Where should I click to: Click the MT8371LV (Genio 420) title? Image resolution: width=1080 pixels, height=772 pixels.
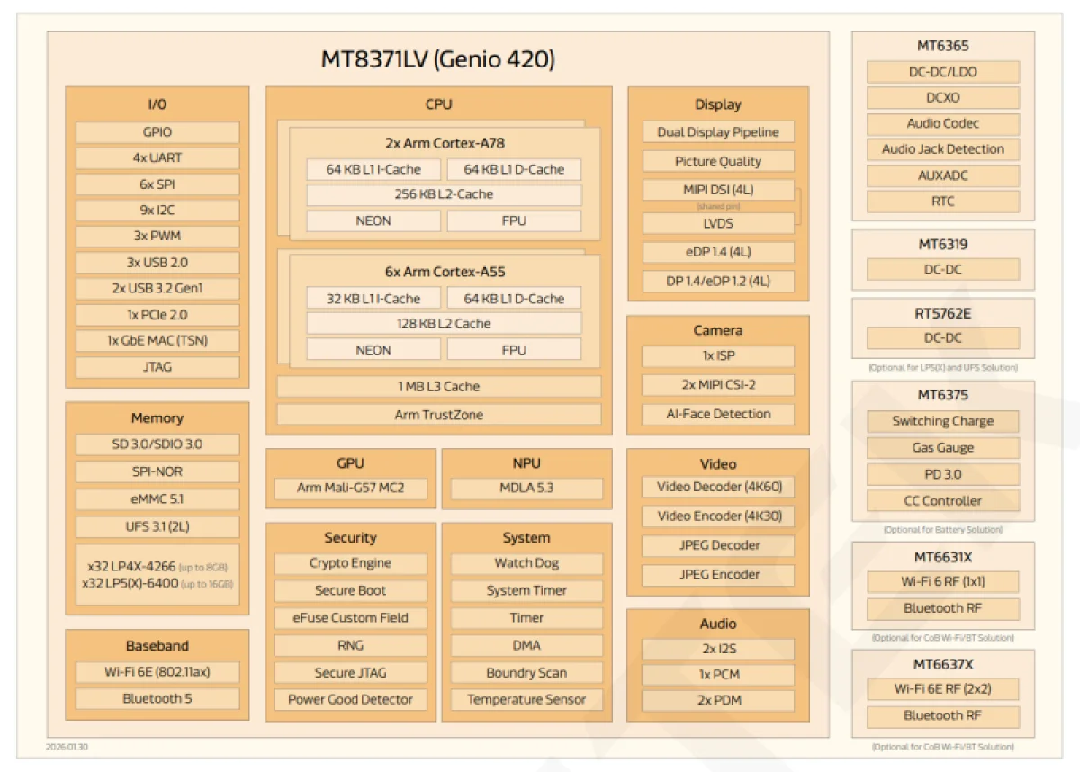point(438,60)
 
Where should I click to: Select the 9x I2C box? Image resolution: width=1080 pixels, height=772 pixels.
point(157,211)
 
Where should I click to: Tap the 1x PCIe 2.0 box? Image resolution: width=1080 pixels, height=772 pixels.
point(157,315)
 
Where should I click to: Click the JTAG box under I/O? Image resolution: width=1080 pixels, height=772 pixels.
point(157,367)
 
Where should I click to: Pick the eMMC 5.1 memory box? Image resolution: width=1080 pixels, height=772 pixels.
point(157,498)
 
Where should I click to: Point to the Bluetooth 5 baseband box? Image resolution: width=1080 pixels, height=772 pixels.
point(157,698)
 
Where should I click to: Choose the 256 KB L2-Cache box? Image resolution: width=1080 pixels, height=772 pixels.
point(444,194)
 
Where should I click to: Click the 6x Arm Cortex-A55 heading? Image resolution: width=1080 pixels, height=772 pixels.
point(444,272)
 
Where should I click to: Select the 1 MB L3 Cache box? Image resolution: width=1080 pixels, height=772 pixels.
point(438,387)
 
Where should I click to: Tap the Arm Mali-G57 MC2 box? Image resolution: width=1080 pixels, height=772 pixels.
point(350,489)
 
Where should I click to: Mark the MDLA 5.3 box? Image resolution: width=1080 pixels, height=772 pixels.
point(526,489)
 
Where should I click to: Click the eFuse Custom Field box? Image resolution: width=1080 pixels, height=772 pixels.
point(350,618)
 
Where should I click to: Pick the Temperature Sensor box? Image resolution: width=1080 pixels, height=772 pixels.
point(526,699)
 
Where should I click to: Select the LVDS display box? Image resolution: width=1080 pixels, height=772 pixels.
point(718,223)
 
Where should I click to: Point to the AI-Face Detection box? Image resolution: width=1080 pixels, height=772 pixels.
point(718,414)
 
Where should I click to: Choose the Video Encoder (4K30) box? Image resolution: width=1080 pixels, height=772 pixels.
point(718,516)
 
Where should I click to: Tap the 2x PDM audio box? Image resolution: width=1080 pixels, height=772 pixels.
point(718,700)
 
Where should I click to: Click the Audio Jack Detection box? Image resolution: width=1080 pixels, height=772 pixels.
point(943,149)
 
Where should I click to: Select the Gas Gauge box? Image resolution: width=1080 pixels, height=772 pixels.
point(943,447)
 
